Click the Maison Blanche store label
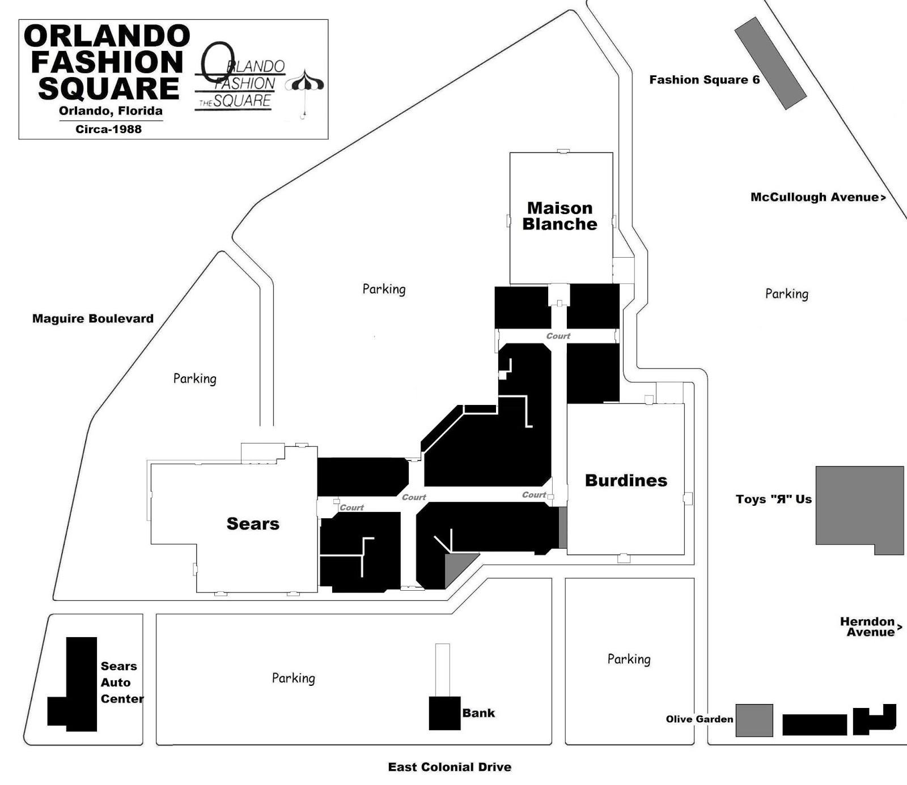click(560, 216)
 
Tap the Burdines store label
click(626, 481)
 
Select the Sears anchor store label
click(253, 524)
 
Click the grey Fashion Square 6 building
click(770, 63)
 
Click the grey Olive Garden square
click(754, 720)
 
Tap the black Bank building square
click(444, 713)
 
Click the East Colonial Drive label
click(450, 767)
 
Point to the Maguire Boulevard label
click(93, 319)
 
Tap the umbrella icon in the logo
click(304, 85)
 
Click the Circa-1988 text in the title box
click(108, 129)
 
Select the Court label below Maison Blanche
click(558, 336)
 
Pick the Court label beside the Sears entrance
click(351, 507)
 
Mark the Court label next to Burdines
click(534, 495)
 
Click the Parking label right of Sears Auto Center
click(293, 678)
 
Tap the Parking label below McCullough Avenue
click(786, 293)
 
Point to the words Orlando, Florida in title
click(111, 111)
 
